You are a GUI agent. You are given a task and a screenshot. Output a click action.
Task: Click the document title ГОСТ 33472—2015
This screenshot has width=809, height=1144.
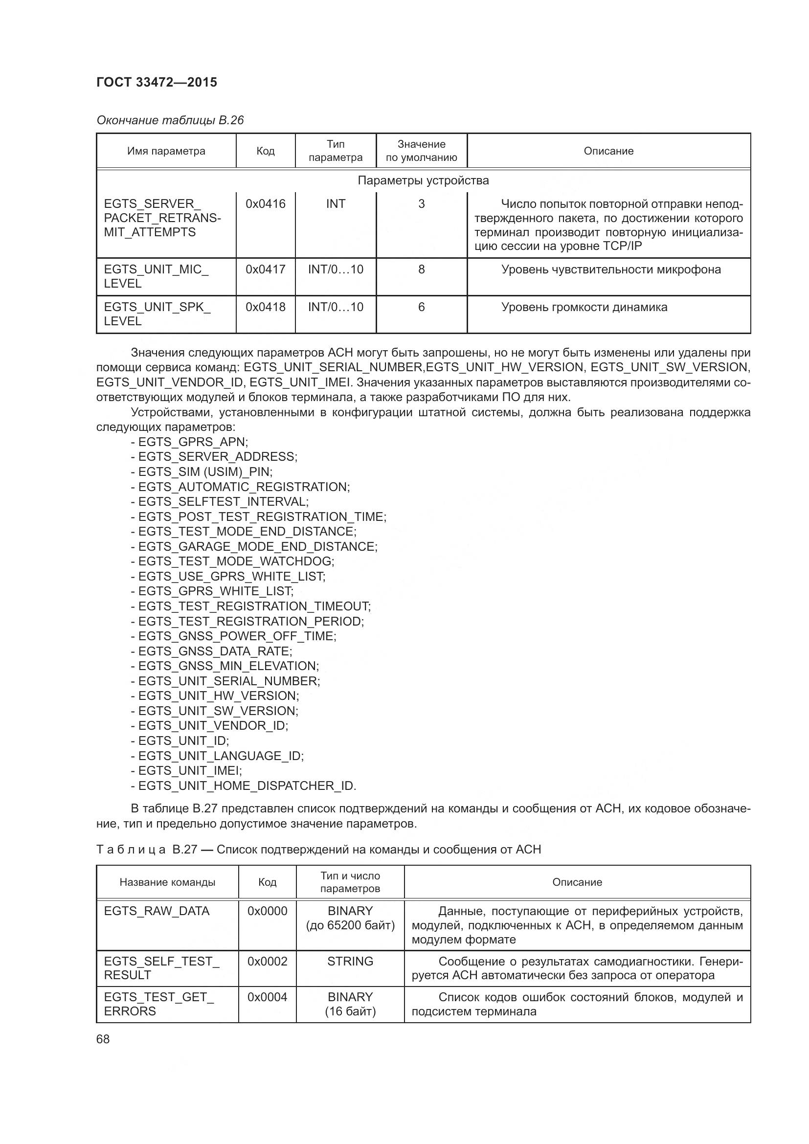pos(157,82)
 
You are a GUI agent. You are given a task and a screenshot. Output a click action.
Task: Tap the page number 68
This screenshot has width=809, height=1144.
pos(103,1039)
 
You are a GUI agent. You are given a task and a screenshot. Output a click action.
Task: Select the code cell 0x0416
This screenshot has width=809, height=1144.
pos(266,204)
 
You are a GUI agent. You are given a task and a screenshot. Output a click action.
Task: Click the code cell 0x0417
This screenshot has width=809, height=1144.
pos(266,269)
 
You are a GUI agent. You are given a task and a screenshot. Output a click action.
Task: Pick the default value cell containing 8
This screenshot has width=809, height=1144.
pos(422,269)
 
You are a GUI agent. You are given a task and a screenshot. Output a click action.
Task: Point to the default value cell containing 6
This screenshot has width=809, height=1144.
pos(422,307)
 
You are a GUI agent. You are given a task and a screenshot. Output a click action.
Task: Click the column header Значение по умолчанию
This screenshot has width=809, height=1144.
pos(422,151)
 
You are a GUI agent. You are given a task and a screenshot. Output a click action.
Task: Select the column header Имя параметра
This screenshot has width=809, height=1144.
pos(166,151)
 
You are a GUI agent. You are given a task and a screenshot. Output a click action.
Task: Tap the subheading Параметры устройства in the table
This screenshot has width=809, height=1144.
pos(423,180)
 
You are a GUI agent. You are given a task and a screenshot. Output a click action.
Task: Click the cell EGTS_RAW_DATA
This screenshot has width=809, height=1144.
pos(157,911)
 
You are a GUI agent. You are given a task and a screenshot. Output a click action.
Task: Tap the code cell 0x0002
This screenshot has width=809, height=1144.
pos(268,961)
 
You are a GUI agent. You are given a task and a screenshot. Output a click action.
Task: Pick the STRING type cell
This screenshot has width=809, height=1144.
pos(350,961)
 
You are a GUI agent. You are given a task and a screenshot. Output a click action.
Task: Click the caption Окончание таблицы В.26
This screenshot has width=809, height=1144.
pos(170,120)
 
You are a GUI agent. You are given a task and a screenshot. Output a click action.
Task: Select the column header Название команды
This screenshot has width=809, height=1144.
pos(167,882)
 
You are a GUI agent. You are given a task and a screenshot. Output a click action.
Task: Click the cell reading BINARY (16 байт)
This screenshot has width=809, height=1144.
pos(350,1004)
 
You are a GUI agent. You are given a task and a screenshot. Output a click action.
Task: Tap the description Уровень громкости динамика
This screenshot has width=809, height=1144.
pos(584,307)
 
